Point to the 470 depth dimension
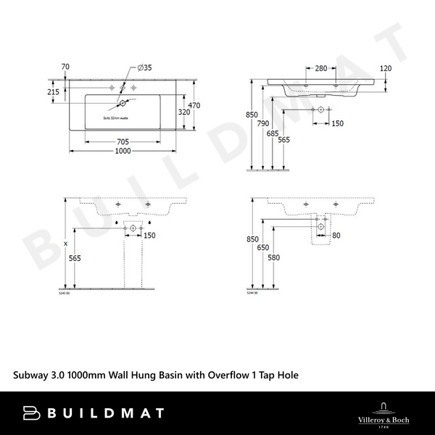point(195,104)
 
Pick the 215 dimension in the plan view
point(53,92)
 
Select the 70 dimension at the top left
point(66,67)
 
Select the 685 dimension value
point(272,134)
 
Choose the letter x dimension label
point(66,243)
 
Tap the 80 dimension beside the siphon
point(336,235)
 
